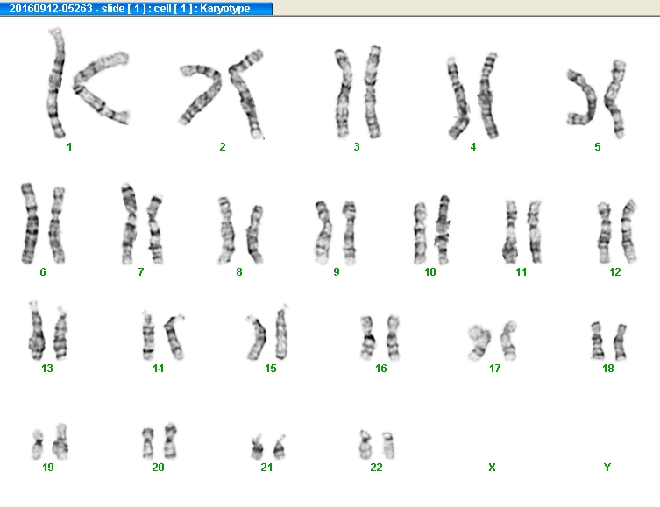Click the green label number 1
point(69,147)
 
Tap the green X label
point(492,467)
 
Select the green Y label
point(607,467)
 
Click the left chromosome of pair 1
point(56,83)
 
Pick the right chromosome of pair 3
point(373,92)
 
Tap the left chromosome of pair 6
point(30,223)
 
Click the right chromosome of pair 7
point(155,229)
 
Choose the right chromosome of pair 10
point(442,229)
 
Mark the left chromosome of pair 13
point(37,331)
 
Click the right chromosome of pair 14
point(174,336)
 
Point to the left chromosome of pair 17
point(479,342)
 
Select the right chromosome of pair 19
point(60,441)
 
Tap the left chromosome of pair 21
point(257,447)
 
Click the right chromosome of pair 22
point(388,445)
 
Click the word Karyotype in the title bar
point(224,9)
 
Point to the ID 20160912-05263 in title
point(51,9)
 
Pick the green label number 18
point(607,369)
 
